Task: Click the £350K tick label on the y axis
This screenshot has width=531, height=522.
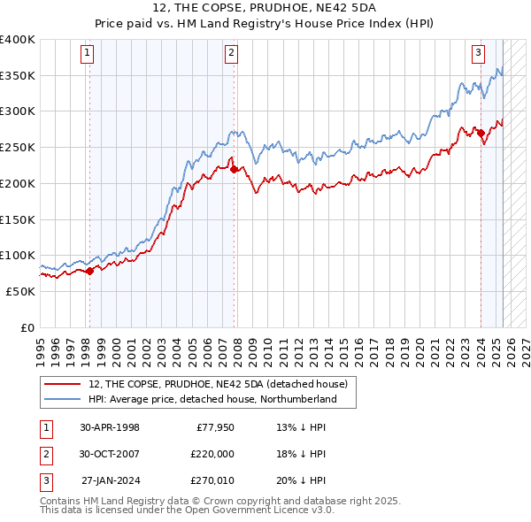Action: click(x=18, y=76)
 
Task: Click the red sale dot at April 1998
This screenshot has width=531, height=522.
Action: click(x=89, y=272)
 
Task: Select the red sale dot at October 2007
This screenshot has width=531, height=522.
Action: click(x=234, y=169)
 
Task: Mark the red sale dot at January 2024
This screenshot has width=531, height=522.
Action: click(x=481, y=134)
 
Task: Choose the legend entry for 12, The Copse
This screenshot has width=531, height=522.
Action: click(x=218, y=384)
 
